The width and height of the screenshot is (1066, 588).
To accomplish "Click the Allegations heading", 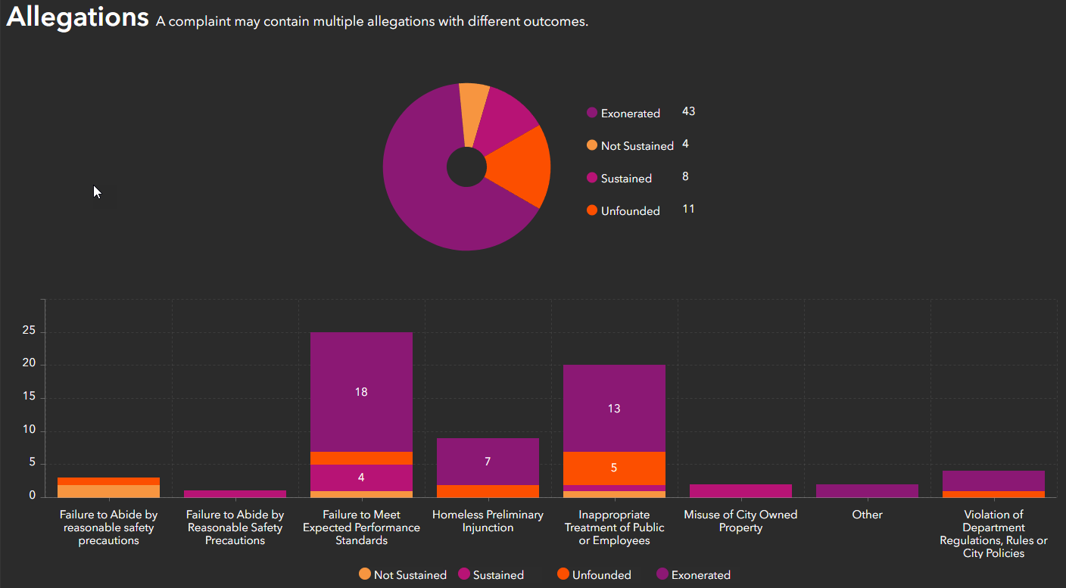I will point(77,17).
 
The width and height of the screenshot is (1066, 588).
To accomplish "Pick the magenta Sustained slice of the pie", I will point(507,121).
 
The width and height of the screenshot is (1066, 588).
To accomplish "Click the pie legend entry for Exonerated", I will point(630,114).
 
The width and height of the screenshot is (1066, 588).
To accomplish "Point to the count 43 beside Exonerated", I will point(688,111).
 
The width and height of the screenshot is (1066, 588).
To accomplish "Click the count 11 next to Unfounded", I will point(688,209).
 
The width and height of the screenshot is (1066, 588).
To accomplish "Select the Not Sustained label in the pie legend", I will point(637,146).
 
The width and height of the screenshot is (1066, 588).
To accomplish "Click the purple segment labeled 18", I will point(361,392).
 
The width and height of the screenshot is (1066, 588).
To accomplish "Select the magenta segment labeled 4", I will point(361,478).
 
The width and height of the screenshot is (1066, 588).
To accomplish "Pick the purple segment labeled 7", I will point(488,462).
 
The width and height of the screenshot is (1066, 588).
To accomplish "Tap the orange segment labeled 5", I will point(614,468).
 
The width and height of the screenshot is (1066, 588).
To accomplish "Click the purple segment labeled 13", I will point(614,409).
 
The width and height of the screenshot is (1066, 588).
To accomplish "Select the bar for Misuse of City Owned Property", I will point(740,490).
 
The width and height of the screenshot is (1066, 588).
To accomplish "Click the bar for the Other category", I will point(867,490).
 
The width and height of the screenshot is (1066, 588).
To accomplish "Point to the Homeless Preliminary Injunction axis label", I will point(488,521).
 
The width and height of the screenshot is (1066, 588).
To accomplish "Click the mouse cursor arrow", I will point(97,192).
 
